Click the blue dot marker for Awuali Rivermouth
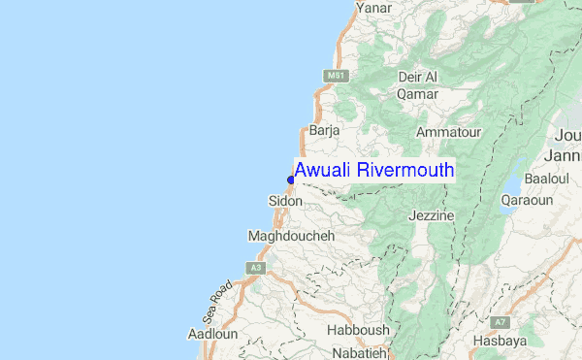tap(291, 180)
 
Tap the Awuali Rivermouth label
tap(374, 171)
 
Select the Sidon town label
tap(285, 201)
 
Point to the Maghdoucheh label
tap(291, 236)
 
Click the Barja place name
tap(323, 130)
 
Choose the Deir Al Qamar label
tap(418, 85)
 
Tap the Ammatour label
tap(448, 132)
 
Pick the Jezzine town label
tap(432, 215)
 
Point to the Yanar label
tap(373, 8)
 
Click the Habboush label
tap(358, 330)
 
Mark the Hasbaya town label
tap(500, 341)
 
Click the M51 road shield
tap(335, 75)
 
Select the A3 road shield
tap(256, 267)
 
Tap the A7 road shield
tap(500, 321)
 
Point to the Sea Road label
tap(218, 302)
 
